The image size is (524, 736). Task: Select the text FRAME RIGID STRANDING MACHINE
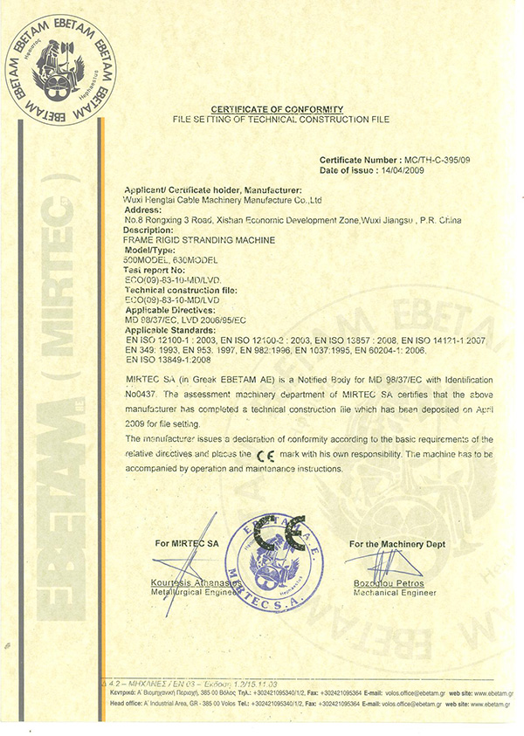pyautogui.click(x=201, y=238)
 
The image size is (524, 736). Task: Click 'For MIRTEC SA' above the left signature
pyautogui.click(x=186, y=544)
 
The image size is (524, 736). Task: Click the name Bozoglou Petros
pyautogui.click(x=389, y=582)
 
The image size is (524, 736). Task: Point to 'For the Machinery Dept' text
pyautogui.click(x=396, y=544)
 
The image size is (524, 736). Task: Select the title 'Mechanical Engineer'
pyautogui.click(x=395, y=592)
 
